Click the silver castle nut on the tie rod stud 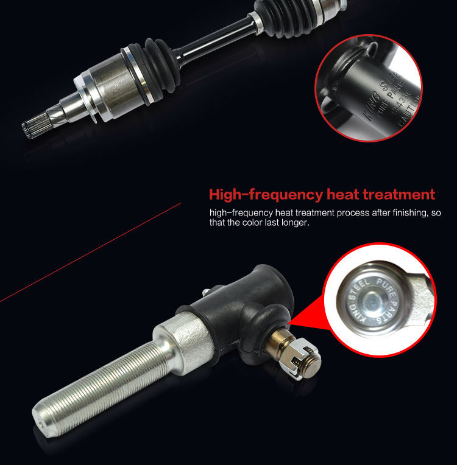point(303,365)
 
